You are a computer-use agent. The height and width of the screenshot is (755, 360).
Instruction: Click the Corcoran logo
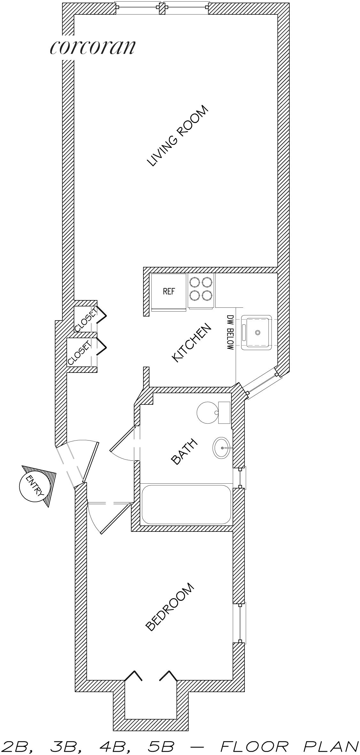[92, 47]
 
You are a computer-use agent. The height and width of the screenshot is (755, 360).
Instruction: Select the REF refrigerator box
[169, 292]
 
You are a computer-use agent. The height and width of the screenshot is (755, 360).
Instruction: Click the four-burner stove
[201, 291]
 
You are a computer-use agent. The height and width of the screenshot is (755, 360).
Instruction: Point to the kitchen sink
[257, 332]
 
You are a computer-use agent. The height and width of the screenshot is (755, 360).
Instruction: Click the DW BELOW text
[230, 332]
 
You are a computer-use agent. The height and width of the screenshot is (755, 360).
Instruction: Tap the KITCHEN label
[192, 343]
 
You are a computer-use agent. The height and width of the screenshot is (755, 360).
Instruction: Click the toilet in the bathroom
[213, 412]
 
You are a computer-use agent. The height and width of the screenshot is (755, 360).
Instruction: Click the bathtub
[186, 504]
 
